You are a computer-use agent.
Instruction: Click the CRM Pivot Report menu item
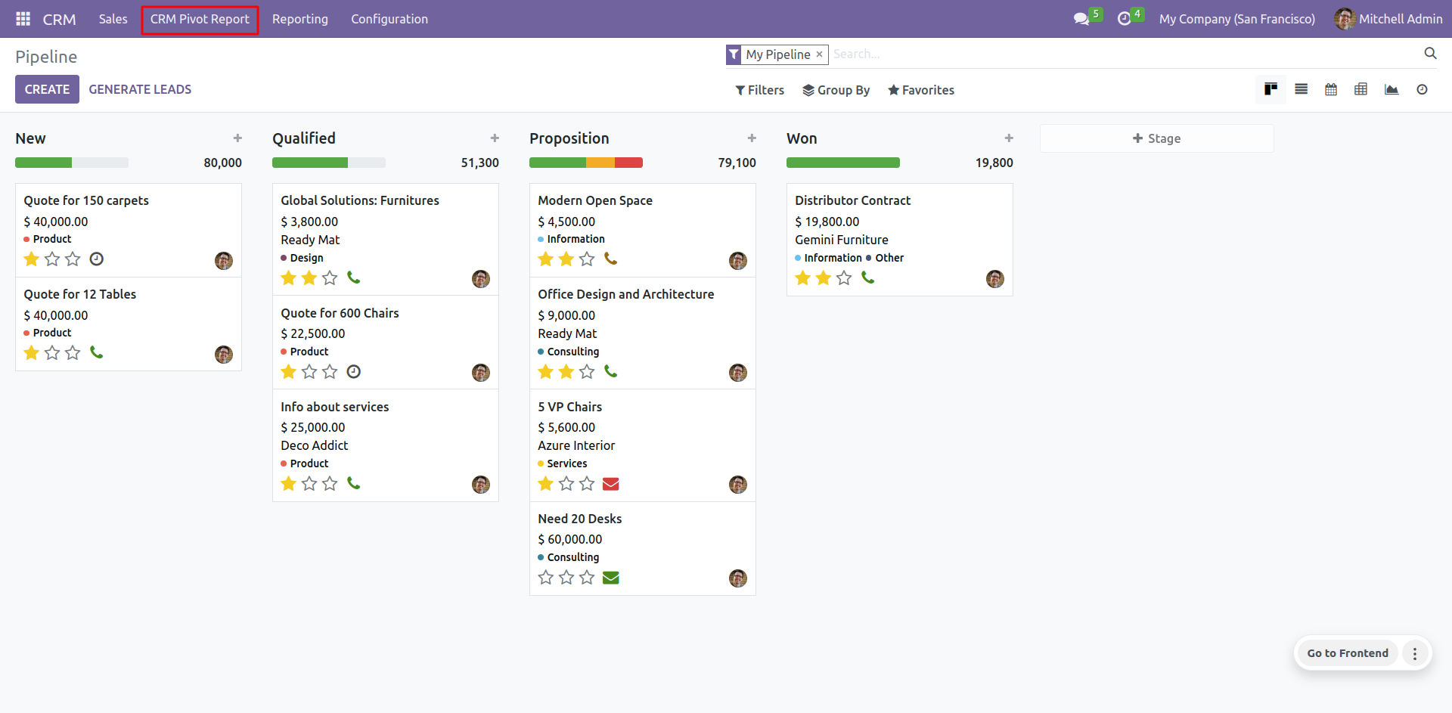click(200, 20)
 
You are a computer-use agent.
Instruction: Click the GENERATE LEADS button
click(140, 89)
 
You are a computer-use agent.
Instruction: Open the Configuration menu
click(389, 20)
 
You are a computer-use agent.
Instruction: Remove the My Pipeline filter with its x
click(819, 54)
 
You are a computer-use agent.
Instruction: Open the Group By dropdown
click(836, 90)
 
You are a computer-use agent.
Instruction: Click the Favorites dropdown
click(920, 90)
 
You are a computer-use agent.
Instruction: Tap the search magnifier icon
click(1430, 53)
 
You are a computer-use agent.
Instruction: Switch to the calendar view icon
click(1331, 89)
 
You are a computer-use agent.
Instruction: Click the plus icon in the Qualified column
click(495, 138)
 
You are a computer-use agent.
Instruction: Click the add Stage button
click(1156, 138)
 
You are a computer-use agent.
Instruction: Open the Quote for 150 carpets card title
click(86, 200)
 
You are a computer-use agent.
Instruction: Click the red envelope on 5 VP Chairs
click(611, 484)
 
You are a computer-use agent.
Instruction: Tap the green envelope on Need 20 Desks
click(611, 578)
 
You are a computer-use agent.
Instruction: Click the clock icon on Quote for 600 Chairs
click(353, 371)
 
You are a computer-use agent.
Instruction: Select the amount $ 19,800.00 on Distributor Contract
click(827, 222)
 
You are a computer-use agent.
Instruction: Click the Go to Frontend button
click(1347, 653)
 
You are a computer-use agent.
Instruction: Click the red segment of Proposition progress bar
click(628, 163)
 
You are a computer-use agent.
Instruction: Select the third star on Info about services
click(330, 484)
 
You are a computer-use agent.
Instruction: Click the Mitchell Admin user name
click(1400, 20)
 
